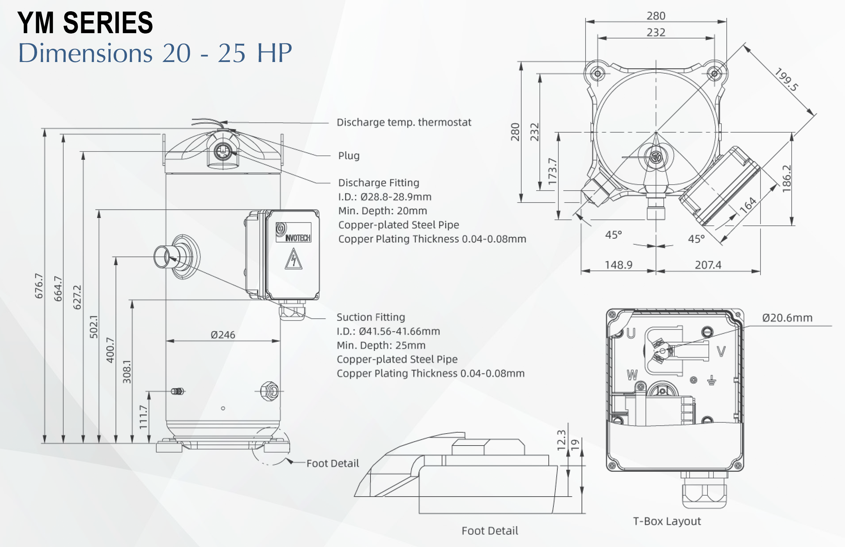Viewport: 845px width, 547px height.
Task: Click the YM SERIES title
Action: (x=85, y=23)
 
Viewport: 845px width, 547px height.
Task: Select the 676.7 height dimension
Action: (x=39, y=286)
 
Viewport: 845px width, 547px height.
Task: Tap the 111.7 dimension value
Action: (x=143, y=417)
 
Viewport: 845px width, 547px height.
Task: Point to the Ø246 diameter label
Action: (x=223, y=335)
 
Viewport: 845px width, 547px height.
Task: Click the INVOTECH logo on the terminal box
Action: (x=293, y=233)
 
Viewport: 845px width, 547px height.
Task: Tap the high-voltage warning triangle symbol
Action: (x=293, y=259)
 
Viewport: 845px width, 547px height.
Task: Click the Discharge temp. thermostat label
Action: (x=404, y=123)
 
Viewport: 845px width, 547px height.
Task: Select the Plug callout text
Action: (x=349, y=156)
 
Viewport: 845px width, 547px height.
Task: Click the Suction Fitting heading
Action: (x=371, y=317)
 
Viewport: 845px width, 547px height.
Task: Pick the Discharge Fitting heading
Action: (x=378, y=183)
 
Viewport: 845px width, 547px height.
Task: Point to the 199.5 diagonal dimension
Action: (x=786, y=80)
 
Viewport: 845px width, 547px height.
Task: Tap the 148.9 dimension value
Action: (x=618, y=265)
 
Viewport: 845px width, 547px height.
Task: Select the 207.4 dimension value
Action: (x=708, y=265)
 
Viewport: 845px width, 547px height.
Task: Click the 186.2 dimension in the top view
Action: (x=787, y=179)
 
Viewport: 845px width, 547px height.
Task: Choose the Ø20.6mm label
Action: (x=787, y=318)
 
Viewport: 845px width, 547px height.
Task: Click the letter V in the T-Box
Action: (x=721, y=351)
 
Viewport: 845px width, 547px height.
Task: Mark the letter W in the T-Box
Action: (x=632, y=375)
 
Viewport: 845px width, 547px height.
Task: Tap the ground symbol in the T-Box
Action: (x=711, y=381)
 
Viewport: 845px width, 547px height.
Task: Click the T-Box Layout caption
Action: (x=667, y=521)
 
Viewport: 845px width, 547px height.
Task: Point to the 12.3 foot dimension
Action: (x=561, y=441)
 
